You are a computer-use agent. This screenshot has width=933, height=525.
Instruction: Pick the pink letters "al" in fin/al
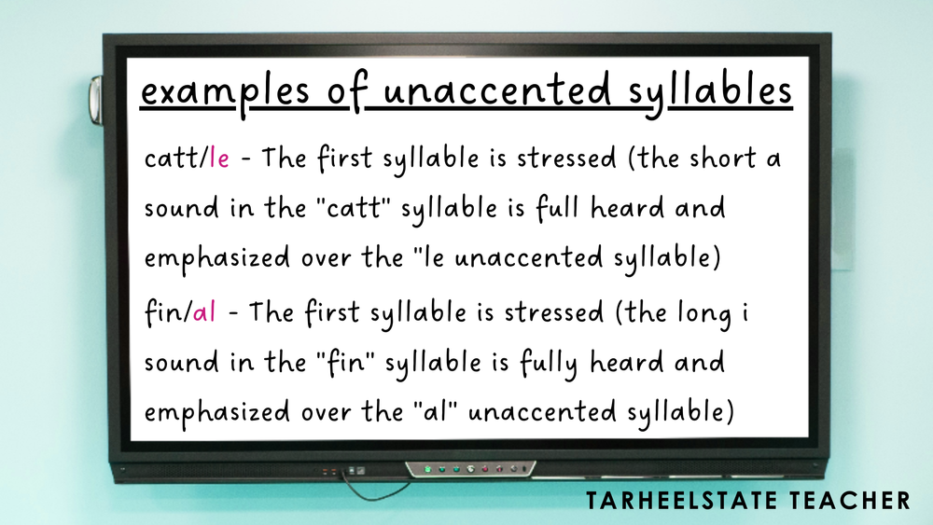pos(204,312)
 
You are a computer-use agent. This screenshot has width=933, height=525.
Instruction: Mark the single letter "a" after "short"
pos(773,159)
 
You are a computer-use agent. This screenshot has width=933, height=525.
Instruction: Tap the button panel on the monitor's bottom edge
pos(471,467)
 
